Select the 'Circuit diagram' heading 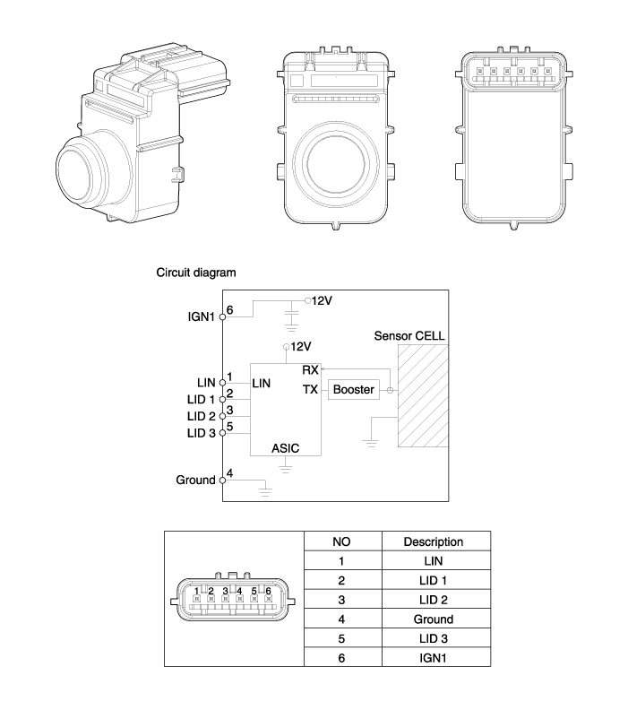tap(196, 272)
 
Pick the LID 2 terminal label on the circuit tap(201, 416)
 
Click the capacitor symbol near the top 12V tap(291, 316)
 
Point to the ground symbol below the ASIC tap(286, 466)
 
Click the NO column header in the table tap(340, 541)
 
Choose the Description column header tap(433, 541)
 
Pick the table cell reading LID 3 tap(433, 638)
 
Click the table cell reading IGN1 tap(433, 657)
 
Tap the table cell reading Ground tap(433, 619)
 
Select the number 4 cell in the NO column tap(340, 619)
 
